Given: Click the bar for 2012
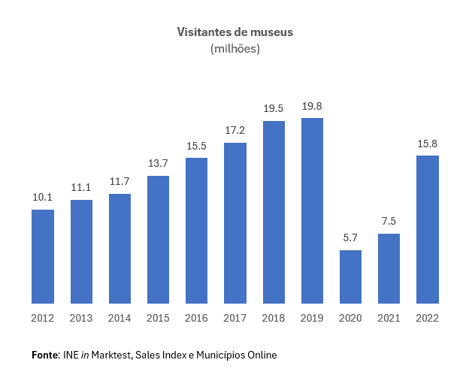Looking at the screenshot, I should click(43, 256).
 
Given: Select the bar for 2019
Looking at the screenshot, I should click(312, 210).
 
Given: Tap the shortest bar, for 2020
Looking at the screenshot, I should click(350, 277).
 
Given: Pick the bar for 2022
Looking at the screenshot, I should click(428, 229).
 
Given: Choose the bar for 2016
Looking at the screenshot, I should click(196, 231).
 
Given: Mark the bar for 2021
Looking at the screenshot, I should click(389, 268).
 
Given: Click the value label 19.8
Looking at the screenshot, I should click(312, 107).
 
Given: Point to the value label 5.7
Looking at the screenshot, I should click(350, 238).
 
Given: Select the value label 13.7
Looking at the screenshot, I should click(158, 164).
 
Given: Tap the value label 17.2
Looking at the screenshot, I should click(235, 131).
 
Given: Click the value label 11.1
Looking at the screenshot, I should click(81, 188).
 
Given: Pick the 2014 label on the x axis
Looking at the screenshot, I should click(120, 318).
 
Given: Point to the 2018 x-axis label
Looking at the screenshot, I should click(274, 318).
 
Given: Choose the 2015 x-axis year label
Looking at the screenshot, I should click(158, 318).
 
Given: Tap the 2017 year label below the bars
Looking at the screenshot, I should click(235, 318).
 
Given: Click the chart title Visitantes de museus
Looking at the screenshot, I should click(235, 32).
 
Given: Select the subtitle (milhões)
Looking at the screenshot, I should click(235, 49).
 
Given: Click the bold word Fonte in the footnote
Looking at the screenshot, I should click(45, 355).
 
